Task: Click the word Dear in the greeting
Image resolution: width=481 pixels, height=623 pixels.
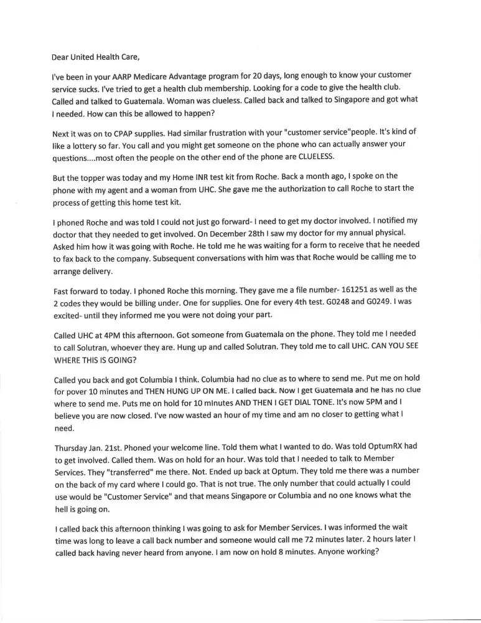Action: pos(60,57)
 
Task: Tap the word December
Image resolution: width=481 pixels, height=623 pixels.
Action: pos(233,235)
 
